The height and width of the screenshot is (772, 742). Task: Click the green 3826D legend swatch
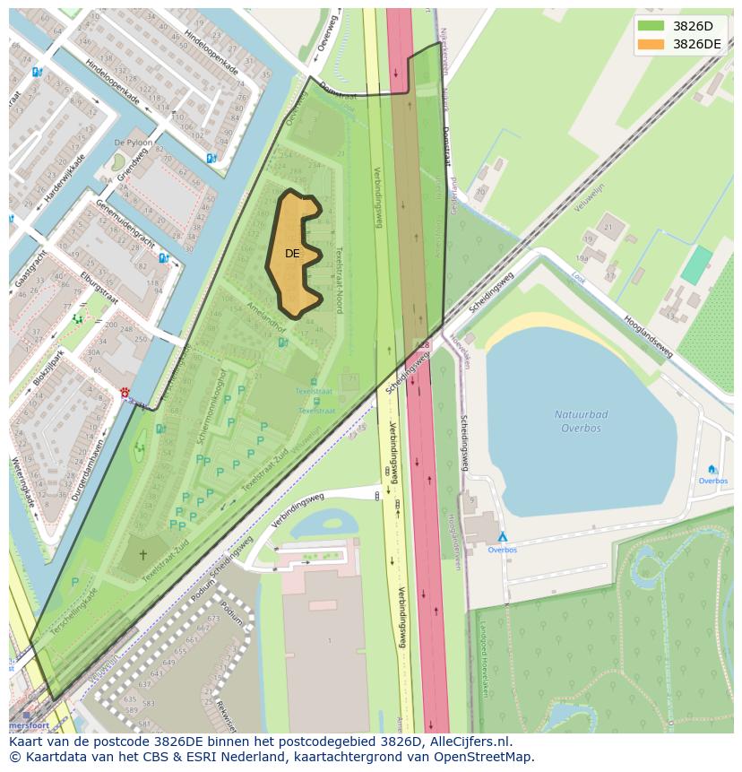click(x=651, y=26)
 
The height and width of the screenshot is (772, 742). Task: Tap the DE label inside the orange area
click(x=292, y=254)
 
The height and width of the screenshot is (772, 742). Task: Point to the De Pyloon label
click(x=134, y=143)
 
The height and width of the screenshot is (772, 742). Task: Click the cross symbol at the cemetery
click(x=142, y=554)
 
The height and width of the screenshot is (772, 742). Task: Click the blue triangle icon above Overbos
click(x=502, y=536)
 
